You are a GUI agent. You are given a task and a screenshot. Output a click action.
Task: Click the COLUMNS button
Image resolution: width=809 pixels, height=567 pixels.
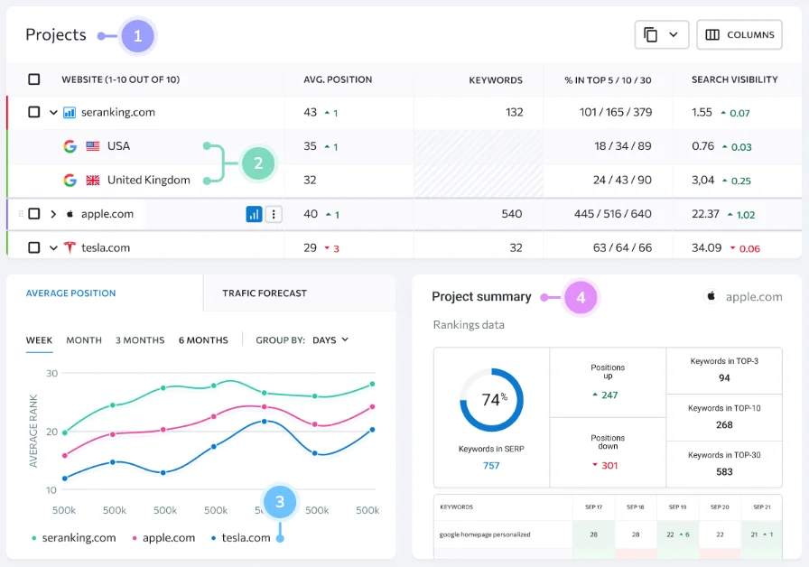pos(739,35)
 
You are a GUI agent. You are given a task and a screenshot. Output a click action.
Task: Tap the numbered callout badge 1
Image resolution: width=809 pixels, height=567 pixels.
pos(137,36)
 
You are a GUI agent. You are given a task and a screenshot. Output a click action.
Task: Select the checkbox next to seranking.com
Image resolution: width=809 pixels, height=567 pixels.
pos(34,113)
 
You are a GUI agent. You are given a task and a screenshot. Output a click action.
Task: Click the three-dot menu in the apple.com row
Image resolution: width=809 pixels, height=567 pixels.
pos(274,214)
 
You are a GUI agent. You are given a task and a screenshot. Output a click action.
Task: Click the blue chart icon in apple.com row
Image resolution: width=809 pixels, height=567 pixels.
pos(255,214)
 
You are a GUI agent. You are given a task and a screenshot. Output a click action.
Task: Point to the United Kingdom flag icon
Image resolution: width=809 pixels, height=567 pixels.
pos(93,180)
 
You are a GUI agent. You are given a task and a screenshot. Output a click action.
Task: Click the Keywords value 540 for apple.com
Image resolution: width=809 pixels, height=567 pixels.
pos(511,214)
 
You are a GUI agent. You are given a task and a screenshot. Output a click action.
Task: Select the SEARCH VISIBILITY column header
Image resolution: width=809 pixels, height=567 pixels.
pos(734,79)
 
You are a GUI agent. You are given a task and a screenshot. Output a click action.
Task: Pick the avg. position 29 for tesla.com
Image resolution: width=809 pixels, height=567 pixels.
pos(311,247)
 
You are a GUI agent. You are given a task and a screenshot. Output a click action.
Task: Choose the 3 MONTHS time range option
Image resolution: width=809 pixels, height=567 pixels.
pos(140,340)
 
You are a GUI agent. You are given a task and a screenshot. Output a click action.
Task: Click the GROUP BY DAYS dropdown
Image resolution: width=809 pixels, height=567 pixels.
pos(330,340)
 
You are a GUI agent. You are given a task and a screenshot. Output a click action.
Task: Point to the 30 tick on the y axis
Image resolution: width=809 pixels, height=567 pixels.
pos(51,373)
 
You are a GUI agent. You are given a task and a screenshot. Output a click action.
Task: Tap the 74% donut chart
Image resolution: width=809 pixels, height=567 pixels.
pos(491,399)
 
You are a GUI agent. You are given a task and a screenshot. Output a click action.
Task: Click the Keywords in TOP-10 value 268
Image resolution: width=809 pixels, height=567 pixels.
pos(724,424)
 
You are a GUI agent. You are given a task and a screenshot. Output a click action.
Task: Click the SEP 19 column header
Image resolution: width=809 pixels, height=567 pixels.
pos(677,507)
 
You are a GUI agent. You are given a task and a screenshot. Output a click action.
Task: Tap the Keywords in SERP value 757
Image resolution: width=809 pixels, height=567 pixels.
pos(491,466)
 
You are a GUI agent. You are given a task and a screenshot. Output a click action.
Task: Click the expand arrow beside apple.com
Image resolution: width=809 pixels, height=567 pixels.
pos(53,214)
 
